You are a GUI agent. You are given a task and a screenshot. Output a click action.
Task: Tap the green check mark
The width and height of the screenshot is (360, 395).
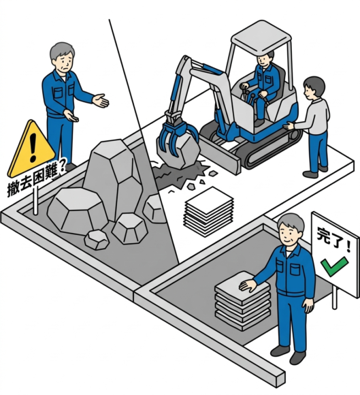click(x=334, y=266)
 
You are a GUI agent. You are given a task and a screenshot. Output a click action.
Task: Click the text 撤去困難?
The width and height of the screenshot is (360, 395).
click(x=36, y=180)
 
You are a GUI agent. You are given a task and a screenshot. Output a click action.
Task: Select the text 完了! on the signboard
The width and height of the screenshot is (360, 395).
click(x=333, y=239)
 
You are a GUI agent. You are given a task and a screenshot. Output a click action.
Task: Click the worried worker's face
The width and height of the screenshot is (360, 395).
click(x=63, y=63)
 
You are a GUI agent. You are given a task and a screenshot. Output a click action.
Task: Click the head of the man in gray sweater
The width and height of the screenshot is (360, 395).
click(x=313, y=88)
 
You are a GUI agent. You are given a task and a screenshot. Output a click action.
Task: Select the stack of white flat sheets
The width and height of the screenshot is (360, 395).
click(x=209, y=212)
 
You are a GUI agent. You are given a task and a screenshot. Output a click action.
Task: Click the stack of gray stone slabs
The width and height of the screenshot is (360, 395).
click(x=242, y=300)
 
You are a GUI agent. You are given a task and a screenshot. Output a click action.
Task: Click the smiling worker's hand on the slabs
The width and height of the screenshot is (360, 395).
click(x=248, y=285)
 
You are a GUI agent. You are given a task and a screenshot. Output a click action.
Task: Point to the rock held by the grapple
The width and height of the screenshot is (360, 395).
click(x=179, y=151)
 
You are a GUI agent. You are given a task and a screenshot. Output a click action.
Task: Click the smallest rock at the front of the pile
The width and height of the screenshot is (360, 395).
click(x=97, y=239)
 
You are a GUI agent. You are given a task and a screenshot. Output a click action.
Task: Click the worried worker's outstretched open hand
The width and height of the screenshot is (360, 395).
click(x=101, y=101)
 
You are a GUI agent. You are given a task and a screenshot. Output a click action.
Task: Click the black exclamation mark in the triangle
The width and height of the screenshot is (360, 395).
click(x=33, y=147)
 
